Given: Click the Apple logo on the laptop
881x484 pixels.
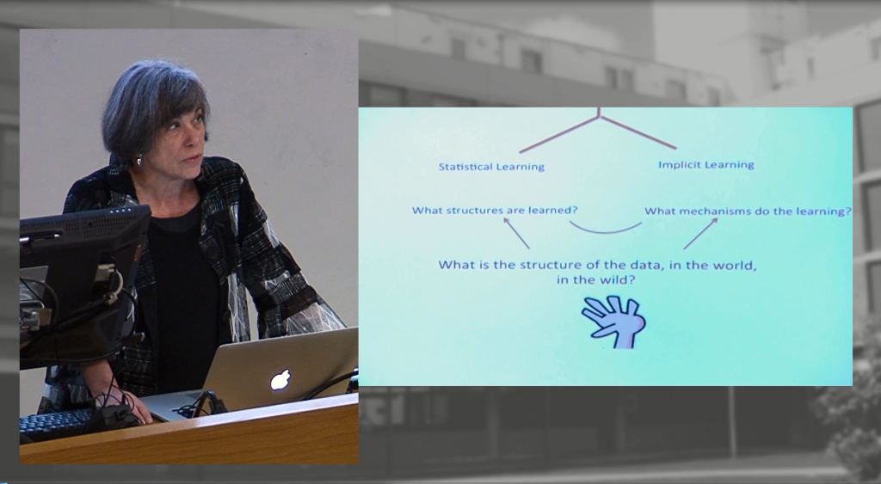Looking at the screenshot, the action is (280, 380).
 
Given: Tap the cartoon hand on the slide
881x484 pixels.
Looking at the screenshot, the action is (613, 322).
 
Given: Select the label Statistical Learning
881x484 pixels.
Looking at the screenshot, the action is (491, 167).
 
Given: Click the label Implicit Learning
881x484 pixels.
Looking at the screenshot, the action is (705, 165).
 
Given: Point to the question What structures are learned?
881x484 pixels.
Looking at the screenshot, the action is (495, 211).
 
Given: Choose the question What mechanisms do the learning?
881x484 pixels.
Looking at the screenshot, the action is (748, 211).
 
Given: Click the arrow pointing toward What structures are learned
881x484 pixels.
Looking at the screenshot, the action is (516, 233).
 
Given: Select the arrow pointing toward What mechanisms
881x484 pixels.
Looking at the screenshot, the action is (700, 234).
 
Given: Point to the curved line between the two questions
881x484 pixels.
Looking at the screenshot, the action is (605, 232).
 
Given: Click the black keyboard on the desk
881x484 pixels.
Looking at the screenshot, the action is (56, 424).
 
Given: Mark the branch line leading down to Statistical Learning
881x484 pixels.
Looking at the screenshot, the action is (559, 134).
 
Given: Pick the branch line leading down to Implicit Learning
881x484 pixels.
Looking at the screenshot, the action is (638, 132).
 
